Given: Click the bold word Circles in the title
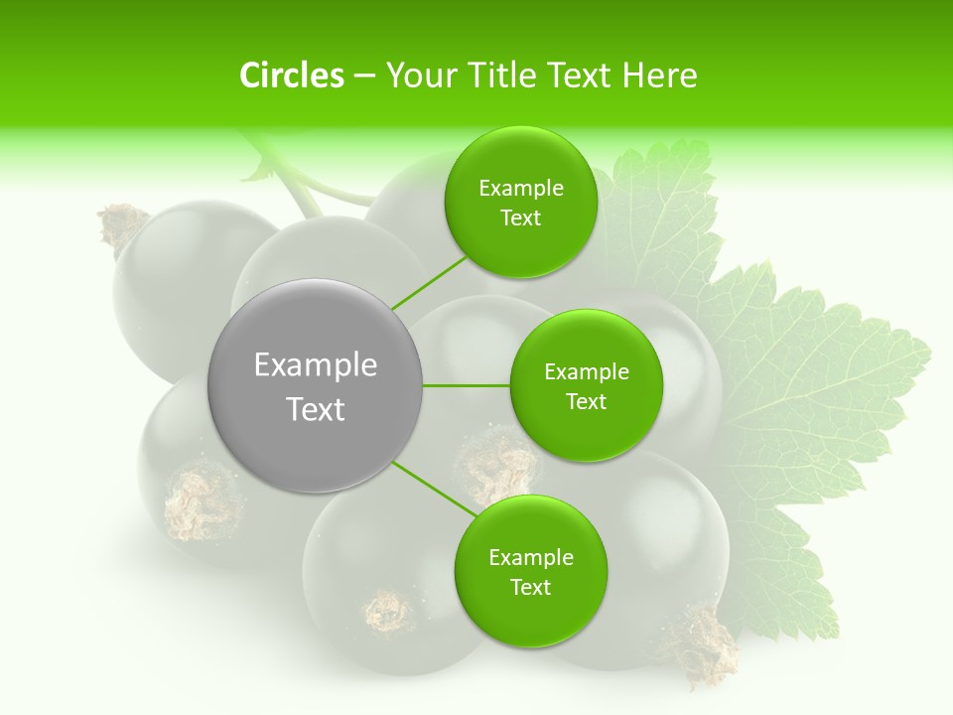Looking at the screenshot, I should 291,75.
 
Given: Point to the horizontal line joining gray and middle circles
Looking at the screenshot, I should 467,385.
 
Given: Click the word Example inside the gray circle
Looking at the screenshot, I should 315,365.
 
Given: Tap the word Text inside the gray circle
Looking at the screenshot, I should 315,409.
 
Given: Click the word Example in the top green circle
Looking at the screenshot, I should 521,189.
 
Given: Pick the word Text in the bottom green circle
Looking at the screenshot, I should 530,587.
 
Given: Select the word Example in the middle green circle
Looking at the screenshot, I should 586,372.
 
